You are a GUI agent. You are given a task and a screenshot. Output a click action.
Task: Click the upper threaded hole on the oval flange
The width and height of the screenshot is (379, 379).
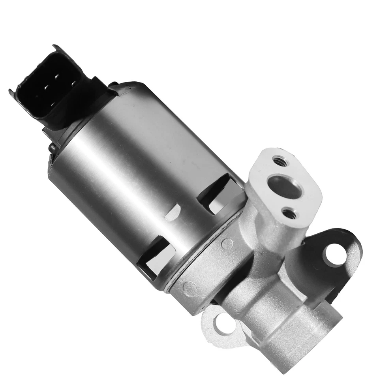pyautogui.click(x=280, y=161)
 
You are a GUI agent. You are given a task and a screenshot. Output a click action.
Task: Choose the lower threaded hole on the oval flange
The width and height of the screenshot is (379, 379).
pyautogui.click(x=290, y=214)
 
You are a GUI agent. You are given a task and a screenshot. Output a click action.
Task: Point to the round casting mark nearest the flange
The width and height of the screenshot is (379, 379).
pyautogui.click(x=227, y=243)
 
